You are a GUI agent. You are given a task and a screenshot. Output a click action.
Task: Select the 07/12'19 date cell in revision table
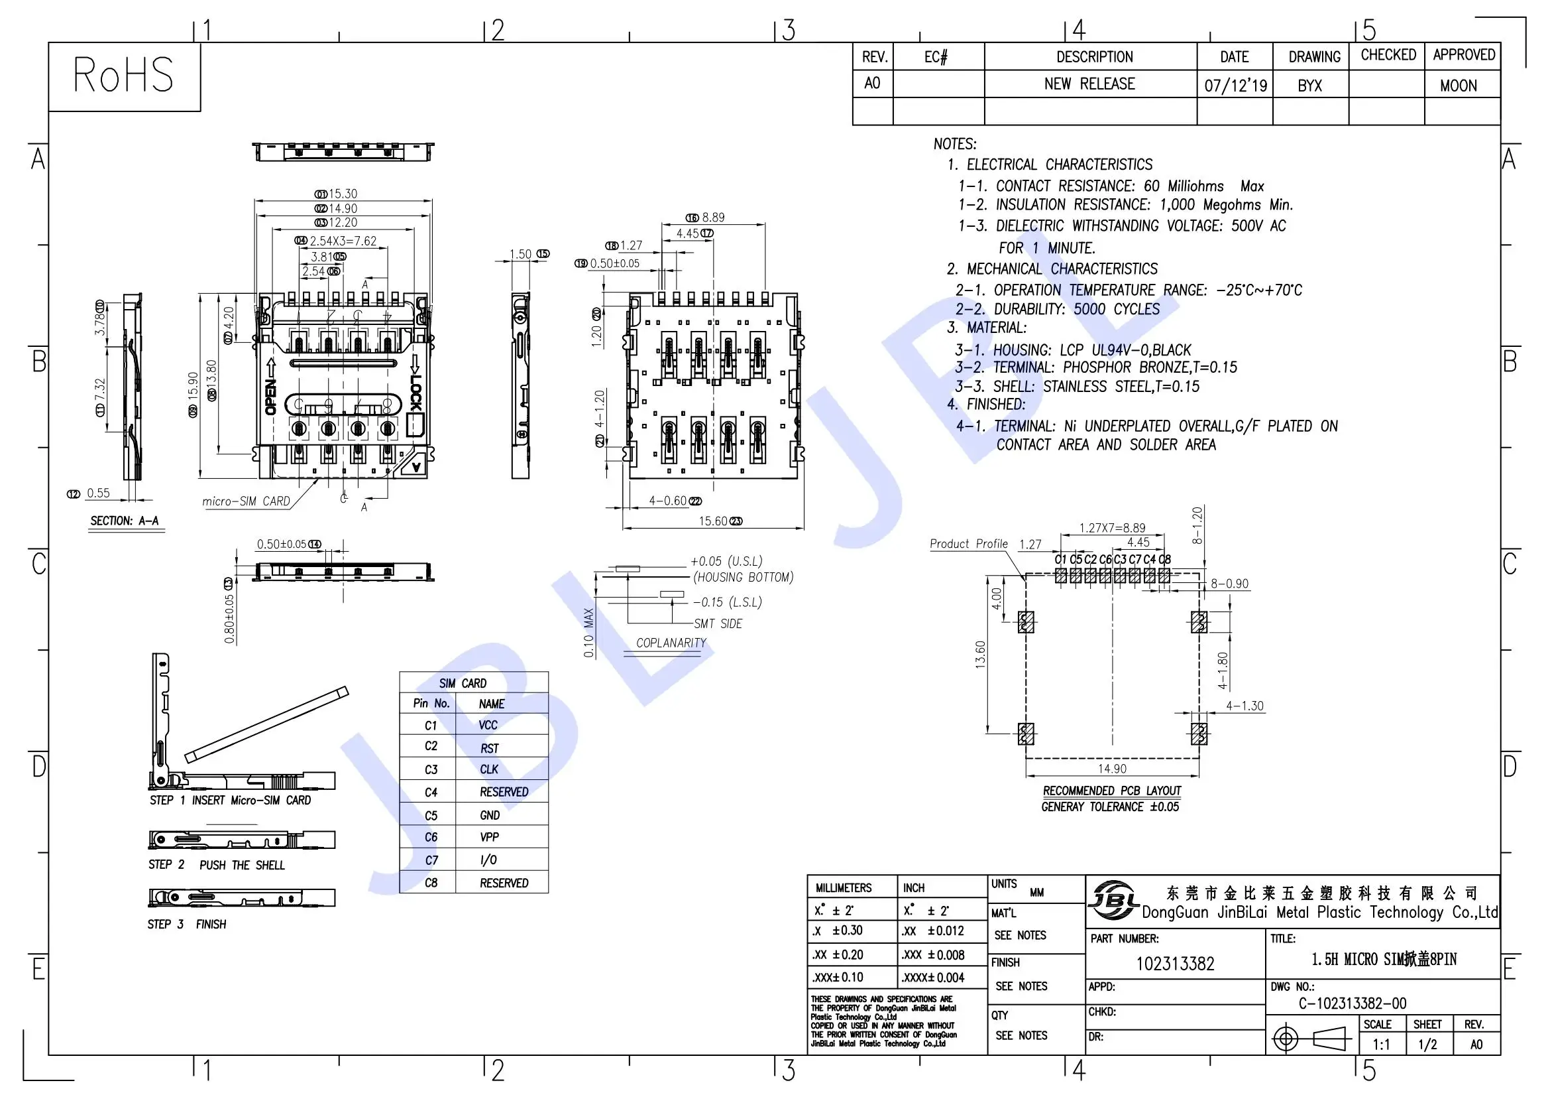(1235, 86)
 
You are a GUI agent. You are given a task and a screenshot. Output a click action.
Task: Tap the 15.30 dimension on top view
(343, 194)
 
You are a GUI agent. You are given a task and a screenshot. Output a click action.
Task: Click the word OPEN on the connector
(271, 397)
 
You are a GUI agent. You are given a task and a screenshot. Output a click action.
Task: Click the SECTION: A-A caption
(125, 521)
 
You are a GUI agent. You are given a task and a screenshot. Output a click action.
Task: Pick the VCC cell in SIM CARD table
(488, 725)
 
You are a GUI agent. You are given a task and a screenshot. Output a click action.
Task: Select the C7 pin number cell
(431, 860)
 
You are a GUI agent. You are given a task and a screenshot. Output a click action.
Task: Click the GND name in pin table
(490, 815)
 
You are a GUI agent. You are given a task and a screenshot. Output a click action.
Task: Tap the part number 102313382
(1175, 963)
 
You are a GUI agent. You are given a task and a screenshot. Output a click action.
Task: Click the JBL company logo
(1113, 900)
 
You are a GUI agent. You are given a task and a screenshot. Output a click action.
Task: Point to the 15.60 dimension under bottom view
(713, 521)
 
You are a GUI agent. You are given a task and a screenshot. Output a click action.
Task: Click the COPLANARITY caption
(671, 643)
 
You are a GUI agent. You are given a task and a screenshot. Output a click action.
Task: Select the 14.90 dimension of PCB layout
(1112, 769)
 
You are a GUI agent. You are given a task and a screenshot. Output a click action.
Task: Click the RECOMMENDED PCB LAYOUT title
(1112, 791)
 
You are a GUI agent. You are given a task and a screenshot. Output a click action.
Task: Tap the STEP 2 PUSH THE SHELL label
(217, 866)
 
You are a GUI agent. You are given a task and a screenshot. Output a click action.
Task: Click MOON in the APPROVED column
(1458, 86)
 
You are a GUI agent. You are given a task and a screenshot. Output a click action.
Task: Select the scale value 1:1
(1381, 1045)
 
